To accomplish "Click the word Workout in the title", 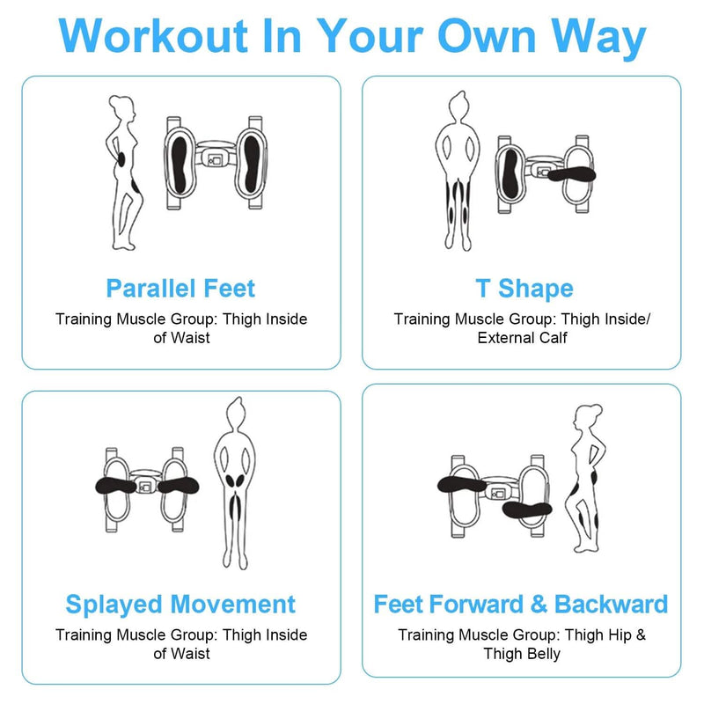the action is pyautogui.click(x=153, y=36).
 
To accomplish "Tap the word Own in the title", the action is pyautogui.click(x=487, y=36).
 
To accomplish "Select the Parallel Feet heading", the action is pyautogui.click(x=180, y=289).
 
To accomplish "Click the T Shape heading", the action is pyautogui.click(x=524, y=289).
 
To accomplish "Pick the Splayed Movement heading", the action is pyautogui.click(x=180, y=605).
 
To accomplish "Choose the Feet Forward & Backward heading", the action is pyautogui.click(x=521, y=605).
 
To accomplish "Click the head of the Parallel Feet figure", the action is pyautogui.click(x=121, y=107).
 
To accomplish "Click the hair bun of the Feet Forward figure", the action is pyautogui.click(x=597, y=408).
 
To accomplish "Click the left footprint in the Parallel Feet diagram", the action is pyautogui.click(x=180, y=165).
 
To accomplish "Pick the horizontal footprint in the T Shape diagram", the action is pyautogui.click(x=571, y=173).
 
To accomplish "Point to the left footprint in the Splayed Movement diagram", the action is pyautogui.click(x=115, y=486).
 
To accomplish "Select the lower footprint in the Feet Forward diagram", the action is pyautogui.click(x=526, y=510).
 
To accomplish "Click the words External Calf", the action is pyautogui.click(x=522, y=338).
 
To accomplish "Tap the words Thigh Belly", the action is pyautogui.click(x=522, y=654).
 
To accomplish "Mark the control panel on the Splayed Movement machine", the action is pyautogui.click(x=144, y=487).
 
